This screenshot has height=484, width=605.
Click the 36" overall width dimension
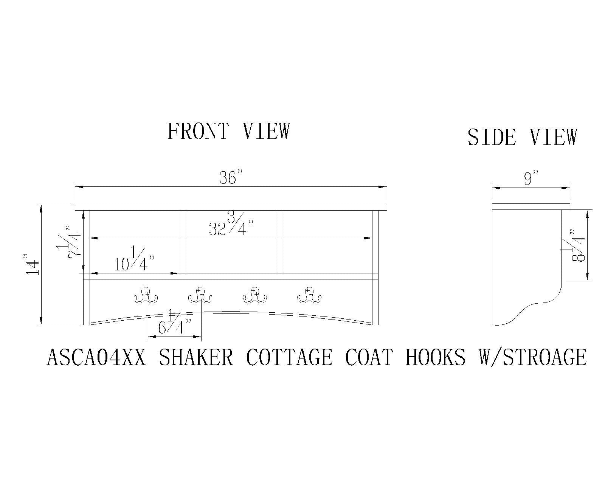(231, 177)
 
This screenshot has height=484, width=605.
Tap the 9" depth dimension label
(531, 178)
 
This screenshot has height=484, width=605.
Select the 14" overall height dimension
(32, 264)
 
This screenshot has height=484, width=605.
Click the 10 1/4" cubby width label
(134, 259)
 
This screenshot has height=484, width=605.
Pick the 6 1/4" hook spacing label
(175, 322)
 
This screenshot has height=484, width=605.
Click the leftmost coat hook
(146, 295)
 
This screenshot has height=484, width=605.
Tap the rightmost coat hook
(309, 295)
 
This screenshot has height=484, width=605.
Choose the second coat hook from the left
(200, 295)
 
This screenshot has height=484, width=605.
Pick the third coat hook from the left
(255, 295)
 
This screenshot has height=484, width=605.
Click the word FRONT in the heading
(198, 131)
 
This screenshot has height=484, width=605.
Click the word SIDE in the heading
(492, 137)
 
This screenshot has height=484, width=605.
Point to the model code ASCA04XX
(96, 357)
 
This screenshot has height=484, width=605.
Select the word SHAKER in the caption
(196, 357)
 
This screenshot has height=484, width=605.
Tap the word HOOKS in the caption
(436, 357)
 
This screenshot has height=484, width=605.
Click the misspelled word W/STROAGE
(533, 357)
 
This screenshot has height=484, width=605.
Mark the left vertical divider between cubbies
(182, 242)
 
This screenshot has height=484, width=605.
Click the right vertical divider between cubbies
(280, 242)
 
